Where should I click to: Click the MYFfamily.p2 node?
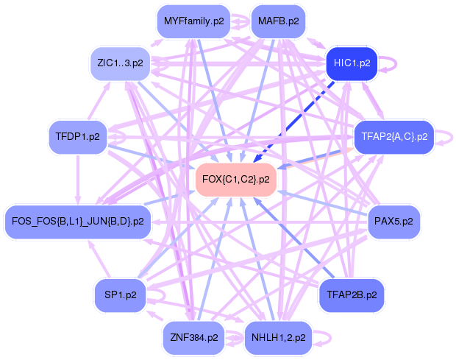(x=194, y=21)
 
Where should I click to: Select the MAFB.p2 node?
(x=278, y=21)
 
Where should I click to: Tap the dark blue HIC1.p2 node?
(x=352, y=63)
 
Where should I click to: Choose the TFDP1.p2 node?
(x=77, y=136)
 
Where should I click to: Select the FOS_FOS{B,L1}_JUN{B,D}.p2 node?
(x=77, y=220)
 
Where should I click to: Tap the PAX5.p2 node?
(x=393, y=220)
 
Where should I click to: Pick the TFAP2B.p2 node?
(x=351, y=295)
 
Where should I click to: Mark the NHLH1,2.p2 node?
(x=279, y=338)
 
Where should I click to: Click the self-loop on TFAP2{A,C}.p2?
(x=446, y=137)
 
